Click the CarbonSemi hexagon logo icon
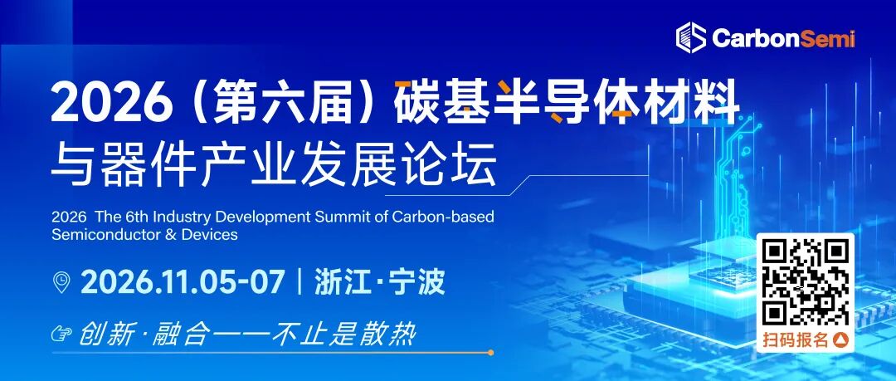click(691, 38)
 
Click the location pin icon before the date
click(61, 282)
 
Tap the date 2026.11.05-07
click(183, 282)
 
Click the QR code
click(806, 281)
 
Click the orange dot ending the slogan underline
click(491, 353)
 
